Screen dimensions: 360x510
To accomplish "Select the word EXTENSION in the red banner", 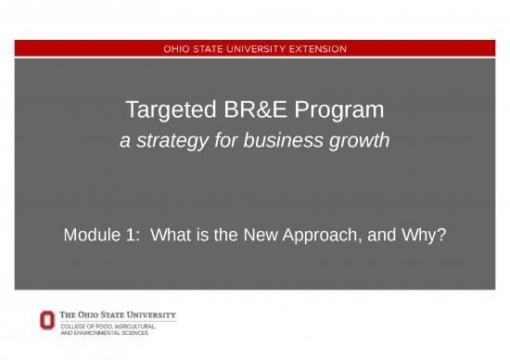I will (314, 48).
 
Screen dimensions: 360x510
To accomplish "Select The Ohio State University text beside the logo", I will (117, 315).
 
